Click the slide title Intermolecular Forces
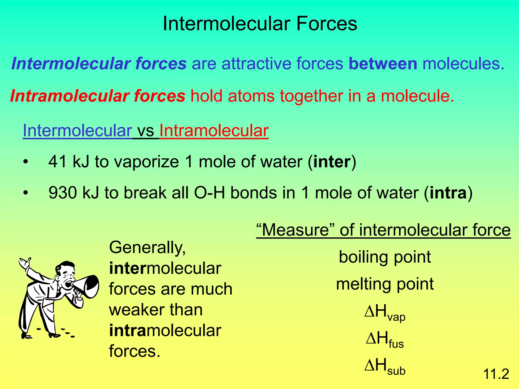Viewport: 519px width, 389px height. (260, 24)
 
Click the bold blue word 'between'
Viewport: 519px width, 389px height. (383, 64)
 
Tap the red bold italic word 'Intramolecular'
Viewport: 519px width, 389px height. (69, 96)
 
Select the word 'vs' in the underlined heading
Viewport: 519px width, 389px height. (145, 131)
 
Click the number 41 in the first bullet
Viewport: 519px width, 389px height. (58, 162)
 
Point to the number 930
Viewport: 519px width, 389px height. (63, 193)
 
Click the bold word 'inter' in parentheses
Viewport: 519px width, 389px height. (332, 162)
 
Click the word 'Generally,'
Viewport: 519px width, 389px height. (147, 248)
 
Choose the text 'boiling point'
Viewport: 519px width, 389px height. (385, 257)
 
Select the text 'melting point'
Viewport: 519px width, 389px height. (385, 284)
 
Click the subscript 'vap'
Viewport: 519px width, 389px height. (397, 317)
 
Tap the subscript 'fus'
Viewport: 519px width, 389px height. (396, 344)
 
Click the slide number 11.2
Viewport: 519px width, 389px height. (496, 374)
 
